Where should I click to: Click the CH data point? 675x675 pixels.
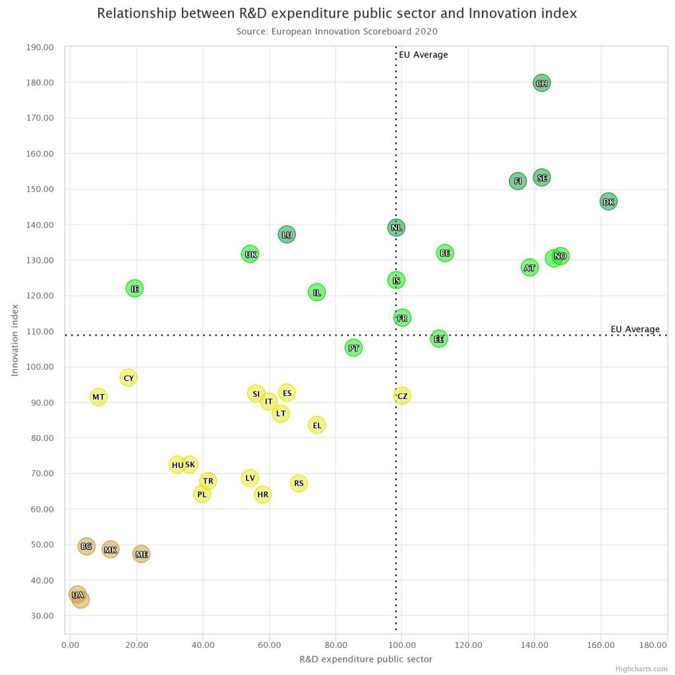coord(541,83)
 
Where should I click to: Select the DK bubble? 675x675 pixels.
coord(608,202)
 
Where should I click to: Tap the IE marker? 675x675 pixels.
coord(134,288)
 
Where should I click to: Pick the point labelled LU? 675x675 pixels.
coord(287,235)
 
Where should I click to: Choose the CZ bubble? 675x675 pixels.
coord(402,396)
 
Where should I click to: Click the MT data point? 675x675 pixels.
coord(98,397)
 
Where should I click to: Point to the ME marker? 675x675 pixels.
coord(141,554)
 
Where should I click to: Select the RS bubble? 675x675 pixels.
coord(299,483)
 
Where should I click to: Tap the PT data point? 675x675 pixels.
coord(353,348)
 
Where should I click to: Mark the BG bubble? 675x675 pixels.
coord(86,546)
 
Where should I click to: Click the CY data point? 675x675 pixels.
coord(129,378)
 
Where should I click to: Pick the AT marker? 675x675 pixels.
coord(530,268)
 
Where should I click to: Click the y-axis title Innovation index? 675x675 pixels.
coord(15,339)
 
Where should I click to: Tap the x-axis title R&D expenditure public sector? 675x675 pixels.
coord(366,659)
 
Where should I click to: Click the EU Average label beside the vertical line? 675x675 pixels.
coord(423,55)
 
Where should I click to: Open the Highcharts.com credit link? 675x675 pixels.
coord(641,669)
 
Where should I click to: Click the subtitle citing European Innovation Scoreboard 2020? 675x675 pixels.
coord(337,31)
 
